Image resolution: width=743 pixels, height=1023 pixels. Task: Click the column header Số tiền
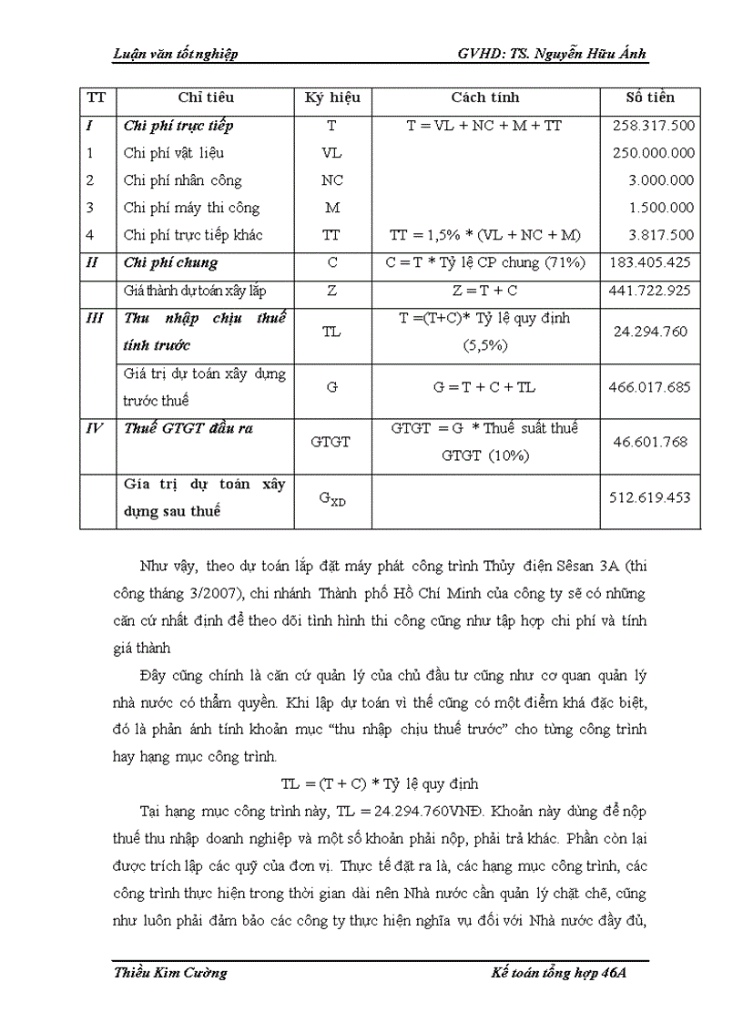click(650, 97)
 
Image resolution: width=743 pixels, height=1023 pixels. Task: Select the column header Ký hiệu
click(332, 97)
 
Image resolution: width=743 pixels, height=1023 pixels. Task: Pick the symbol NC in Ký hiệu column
click(332, 180)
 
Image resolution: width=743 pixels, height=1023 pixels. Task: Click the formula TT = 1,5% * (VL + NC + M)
click(484, 235)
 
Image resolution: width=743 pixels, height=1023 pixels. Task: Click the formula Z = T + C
click(484, 292)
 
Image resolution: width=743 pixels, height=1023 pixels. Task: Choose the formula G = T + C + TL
click(484, 387)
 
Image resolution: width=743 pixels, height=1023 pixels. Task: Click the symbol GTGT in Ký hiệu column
click(332, 442)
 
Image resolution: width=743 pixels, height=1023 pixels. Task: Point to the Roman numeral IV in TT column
click(94, 428)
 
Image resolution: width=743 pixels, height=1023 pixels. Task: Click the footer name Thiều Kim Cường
click(170, 972)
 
